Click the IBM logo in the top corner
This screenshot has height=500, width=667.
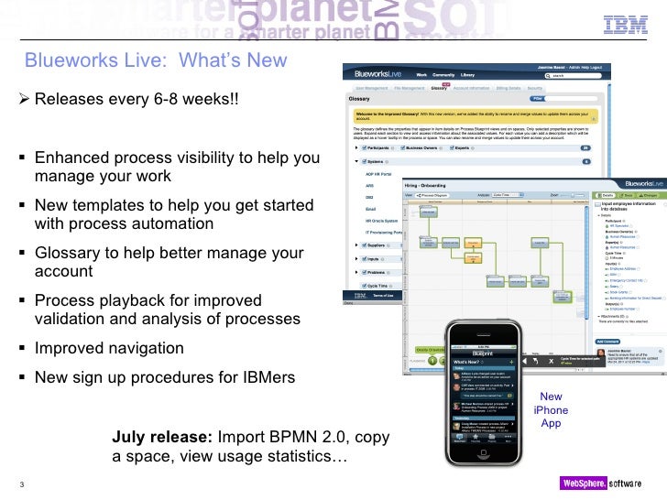tap(626, 25)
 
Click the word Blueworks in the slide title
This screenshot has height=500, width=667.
tap(67, 60)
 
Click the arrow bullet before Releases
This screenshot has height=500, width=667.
tap(25, 98)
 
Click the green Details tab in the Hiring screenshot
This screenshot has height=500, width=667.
tap(606, 194)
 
